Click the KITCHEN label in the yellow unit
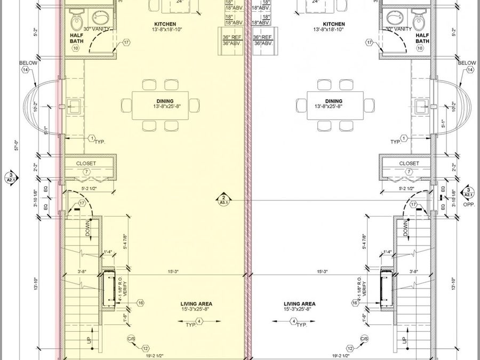pos(165,24)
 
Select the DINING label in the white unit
pos(334,101)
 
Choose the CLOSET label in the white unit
pos(409,163)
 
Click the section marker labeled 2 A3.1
pos(224,198)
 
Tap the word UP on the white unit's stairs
pos(404,339)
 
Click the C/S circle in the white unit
pos(364,339)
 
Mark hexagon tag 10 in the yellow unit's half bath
pos(75,48)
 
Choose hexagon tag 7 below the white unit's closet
pos(409,172)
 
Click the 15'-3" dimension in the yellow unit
pos(173,271)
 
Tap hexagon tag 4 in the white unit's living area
pos(293,321)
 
